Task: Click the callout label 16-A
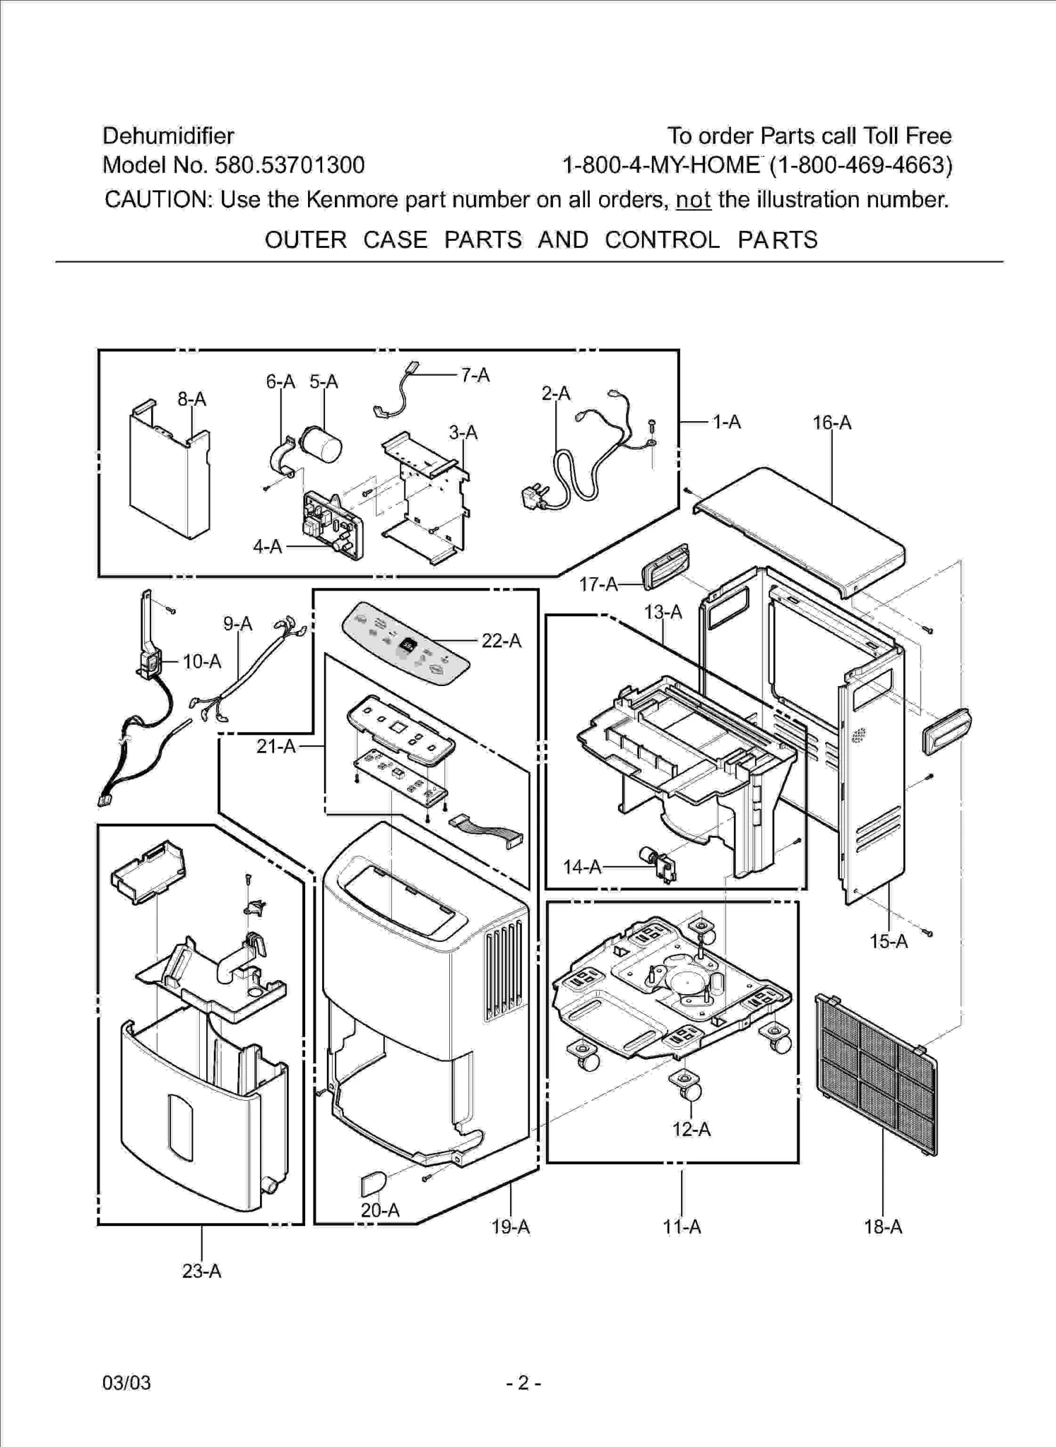pyautogui.click(x=831, y=423)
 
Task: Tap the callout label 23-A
pyautogui.click(x=201, y=1271)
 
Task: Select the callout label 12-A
pyautogui.click(x=691, y=1129)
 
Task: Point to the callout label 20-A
pyautogui.click(x=380, y=1210)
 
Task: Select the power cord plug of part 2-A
pyautogui.click(x=532, y=498)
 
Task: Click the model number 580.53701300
pyautogui.click(x=290, y=165)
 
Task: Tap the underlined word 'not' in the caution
pyautogui.click(x=692, y=201)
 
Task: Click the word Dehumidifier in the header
pyautogui.click(x=168, y=136)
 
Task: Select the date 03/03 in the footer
pyautogui.click(x=126, y=1383)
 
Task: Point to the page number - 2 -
pyautogui.click(x=523, y=1383)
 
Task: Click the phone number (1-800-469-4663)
pyautogui.click(x=860, y=165)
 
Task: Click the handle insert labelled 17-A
pyautogui.click(x=665, y=566)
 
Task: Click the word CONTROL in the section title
pyautogui.click(x=662, y=240)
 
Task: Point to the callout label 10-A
pyautogui.click(x=201, y=662)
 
